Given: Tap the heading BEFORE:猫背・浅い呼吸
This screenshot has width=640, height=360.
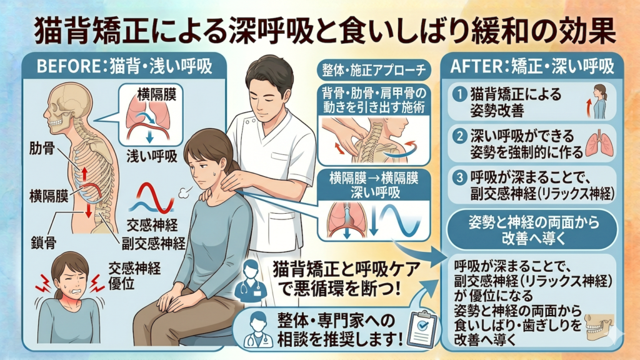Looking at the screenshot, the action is point(124,66).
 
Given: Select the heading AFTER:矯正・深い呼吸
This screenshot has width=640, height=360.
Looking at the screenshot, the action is point(532,66).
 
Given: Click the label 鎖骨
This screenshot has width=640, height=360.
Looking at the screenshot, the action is point(44,243).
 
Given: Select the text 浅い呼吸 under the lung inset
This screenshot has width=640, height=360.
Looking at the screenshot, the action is point(152,156).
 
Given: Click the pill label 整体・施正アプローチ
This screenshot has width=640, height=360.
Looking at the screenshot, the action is point(374,70).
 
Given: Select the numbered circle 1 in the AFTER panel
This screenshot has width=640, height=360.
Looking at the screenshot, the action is point(459,94).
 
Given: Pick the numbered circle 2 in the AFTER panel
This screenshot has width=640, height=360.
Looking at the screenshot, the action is point(459,136).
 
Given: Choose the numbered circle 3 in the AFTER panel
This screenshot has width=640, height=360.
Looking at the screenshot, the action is point(459,177).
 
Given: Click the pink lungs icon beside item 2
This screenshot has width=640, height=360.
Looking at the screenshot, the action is point(599,144).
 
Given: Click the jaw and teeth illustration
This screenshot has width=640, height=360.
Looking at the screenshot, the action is point(599,326).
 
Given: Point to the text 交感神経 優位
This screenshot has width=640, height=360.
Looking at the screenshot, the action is point(134,276).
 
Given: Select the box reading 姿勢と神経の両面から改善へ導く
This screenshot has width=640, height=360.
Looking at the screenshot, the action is point(532,231).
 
